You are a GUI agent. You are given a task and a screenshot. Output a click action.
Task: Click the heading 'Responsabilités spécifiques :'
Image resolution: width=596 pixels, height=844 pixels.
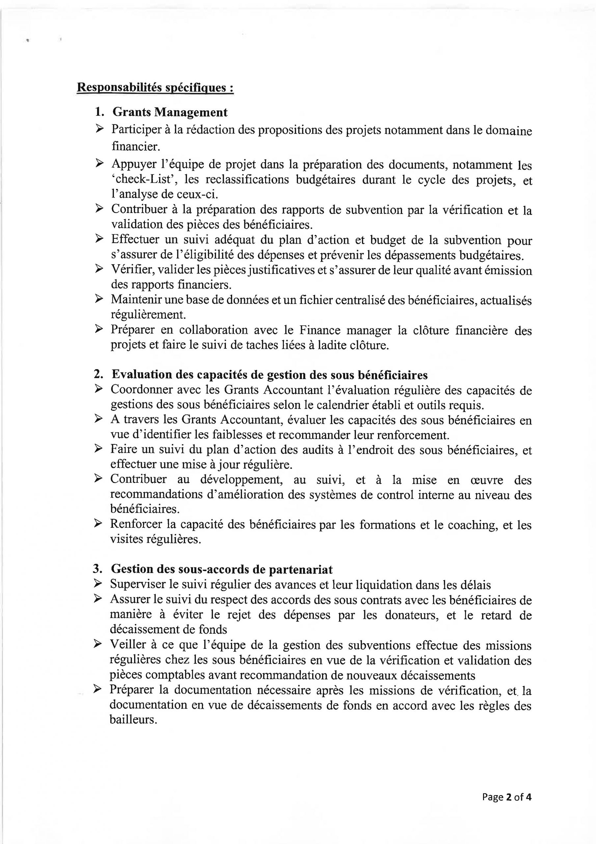(x=155, y=88)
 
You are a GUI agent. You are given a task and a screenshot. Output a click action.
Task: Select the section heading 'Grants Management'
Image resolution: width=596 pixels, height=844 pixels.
(x=170, y=112)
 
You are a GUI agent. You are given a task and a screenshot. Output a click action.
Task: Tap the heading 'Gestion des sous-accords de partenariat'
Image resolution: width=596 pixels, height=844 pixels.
(x=222, y=569)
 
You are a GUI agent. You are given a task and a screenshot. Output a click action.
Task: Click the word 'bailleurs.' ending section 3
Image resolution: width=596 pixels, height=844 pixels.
(x=133, y=720)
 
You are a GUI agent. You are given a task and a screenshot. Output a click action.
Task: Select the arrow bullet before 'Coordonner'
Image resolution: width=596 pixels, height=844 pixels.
(x=98, y=389)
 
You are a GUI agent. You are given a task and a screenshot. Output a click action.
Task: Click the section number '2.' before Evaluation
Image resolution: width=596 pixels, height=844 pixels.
(x=99, y=374)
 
